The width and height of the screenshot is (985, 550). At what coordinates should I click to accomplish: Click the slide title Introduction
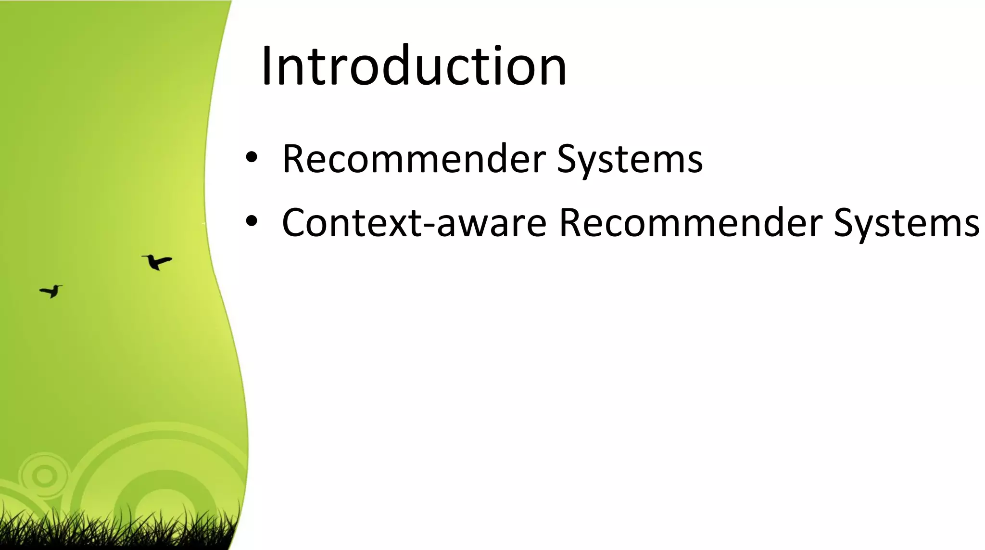414,66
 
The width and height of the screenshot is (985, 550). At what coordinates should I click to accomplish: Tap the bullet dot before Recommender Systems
252,157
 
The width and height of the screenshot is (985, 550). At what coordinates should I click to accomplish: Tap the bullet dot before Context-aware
252,221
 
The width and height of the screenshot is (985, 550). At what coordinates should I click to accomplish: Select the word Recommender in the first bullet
414,159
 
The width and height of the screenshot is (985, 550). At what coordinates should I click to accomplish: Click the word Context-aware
414,222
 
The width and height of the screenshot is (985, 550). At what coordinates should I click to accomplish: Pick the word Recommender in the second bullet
691,222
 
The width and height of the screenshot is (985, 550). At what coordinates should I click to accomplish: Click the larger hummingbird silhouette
157,262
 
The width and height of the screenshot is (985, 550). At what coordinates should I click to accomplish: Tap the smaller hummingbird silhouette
51,291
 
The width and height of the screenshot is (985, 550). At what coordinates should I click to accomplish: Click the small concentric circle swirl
44,476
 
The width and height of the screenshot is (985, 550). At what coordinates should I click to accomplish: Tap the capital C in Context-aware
294,222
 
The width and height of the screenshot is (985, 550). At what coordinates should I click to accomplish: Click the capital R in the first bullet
294,159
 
